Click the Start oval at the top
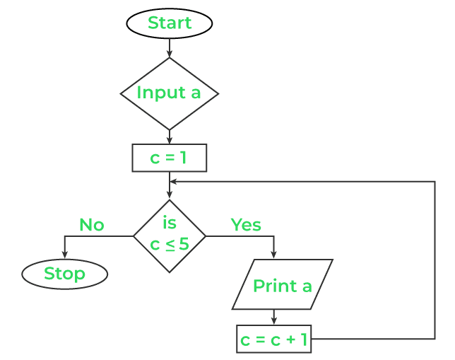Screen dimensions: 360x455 [x=170, y=23]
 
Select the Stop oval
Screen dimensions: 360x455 [x=64, y=274]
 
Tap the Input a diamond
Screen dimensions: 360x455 [x=170, y=93]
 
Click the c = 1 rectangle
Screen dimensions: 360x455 [x=170, y=158]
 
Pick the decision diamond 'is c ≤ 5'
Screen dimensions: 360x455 [x=170, y=236]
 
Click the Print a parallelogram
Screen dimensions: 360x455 [x=282, y=285]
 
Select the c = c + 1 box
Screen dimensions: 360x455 [x=273, y=339]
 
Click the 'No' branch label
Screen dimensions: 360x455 [x=91, y=225]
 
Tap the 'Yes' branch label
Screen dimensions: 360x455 [x=246, y=225]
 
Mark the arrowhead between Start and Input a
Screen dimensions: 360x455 [x=170, y=53]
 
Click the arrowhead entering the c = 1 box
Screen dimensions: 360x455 [x=170, y=140]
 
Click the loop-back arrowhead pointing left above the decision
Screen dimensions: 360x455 [x=175, y=182]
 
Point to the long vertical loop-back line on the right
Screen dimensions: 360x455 [x=434, y=262]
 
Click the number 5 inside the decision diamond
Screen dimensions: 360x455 [x=184, y=245]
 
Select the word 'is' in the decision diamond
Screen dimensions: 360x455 [x=170, y=223]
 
